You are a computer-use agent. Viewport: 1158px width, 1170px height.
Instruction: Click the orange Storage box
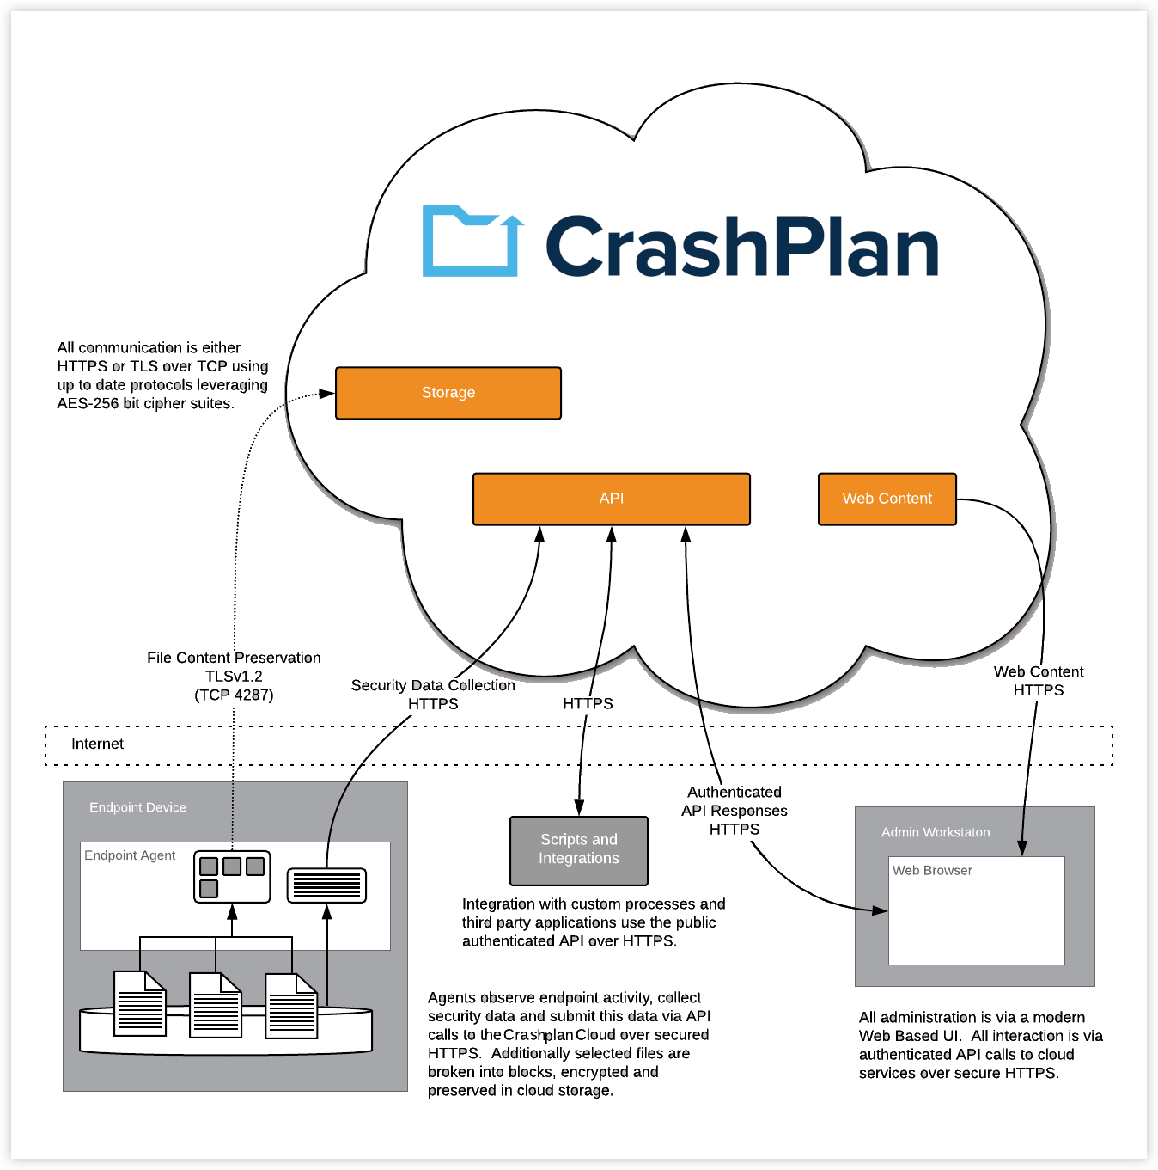click(448, 393)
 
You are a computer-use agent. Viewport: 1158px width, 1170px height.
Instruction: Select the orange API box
click(611, 499)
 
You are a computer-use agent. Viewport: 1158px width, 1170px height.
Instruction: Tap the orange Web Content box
click(887, 499)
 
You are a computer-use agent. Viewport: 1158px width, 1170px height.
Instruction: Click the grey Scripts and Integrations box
click(578, 849)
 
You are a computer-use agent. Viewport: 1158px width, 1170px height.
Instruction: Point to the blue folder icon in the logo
click(472, 242)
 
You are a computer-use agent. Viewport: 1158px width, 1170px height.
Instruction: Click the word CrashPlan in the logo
click(741, 247)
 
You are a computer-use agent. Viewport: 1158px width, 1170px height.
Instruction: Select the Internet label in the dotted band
click(97, 744)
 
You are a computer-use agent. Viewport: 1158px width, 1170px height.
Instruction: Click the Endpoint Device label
click(137, 807)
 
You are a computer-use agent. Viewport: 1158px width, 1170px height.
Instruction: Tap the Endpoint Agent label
click(130, 855)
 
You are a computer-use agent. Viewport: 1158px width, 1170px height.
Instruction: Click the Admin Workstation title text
click(936, 832)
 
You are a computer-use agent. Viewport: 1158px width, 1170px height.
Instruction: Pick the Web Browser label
click(932, 870)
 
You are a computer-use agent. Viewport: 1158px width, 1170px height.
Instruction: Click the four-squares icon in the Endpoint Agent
click(232, 877)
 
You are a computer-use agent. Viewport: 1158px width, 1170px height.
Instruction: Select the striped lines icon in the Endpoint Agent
click(326, 885)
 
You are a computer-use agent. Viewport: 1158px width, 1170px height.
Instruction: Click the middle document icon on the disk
click(216, 1005)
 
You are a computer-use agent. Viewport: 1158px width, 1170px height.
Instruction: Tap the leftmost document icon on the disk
click(140, 1003)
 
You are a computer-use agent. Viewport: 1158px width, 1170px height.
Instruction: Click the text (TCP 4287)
click(234, 695)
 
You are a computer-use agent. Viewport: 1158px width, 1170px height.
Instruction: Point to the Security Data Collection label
click(433, 685)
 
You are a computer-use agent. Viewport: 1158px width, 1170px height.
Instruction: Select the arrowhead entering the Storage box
click(327, 394)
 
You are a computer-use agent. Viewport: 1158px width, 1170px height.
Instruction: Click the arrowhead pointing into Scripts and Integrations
click(580, 808)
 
